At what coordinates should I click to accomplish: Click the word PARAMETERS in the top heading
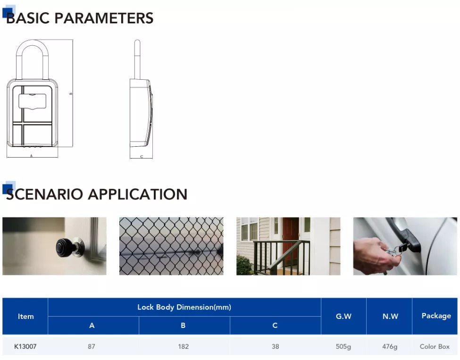pyautogui.click(x=104, y=18)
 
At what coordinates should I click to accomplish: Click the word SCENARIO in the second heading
pyautogui.click(x=44, y=194)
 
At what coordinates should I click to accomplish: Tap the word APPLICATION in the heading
pyautogui.click(x=138, y=194)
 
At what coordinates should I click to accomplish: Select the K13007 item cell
pyautogui.click(x=25, y=346)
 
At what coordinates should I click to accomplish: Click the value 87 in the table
pyautogui.click(x=92, y=346)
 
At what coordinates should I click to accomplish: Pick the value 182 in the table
pyautogui.click(x=184, y=346)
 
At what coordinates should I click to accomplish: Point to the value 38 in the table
pyautogui.click(x=275, y=346)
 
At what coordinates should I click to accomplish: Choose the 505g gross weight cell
pyautogui.click(x=343, y=347)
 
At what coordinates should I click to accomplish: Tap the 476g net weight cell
pyautogui.click(x=390, y=347)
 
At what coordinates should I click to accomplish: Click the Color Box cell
pyautogui.click(x=435, y=346)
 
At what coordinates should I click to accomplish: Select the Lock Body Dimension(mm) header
pyautogui.click(x=184, y=307)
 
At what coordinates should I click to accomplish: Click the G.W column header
pyautogui.click(x=343, y=316)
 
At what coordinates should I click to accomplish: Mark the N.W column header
pyautogui.click(x=390, y=316)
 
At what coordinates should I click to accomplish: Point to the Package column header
pyautogui.click(x=436, y=316)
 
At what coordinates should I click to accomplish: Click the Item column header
pyautogui.click(x=26, y=317)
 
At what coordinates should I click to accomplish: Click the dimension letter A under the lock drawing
pyautogui.click(x=32, y=156)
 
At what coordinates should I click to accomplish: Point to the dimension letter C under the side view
pyautogui.click(x=142, y=157)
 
